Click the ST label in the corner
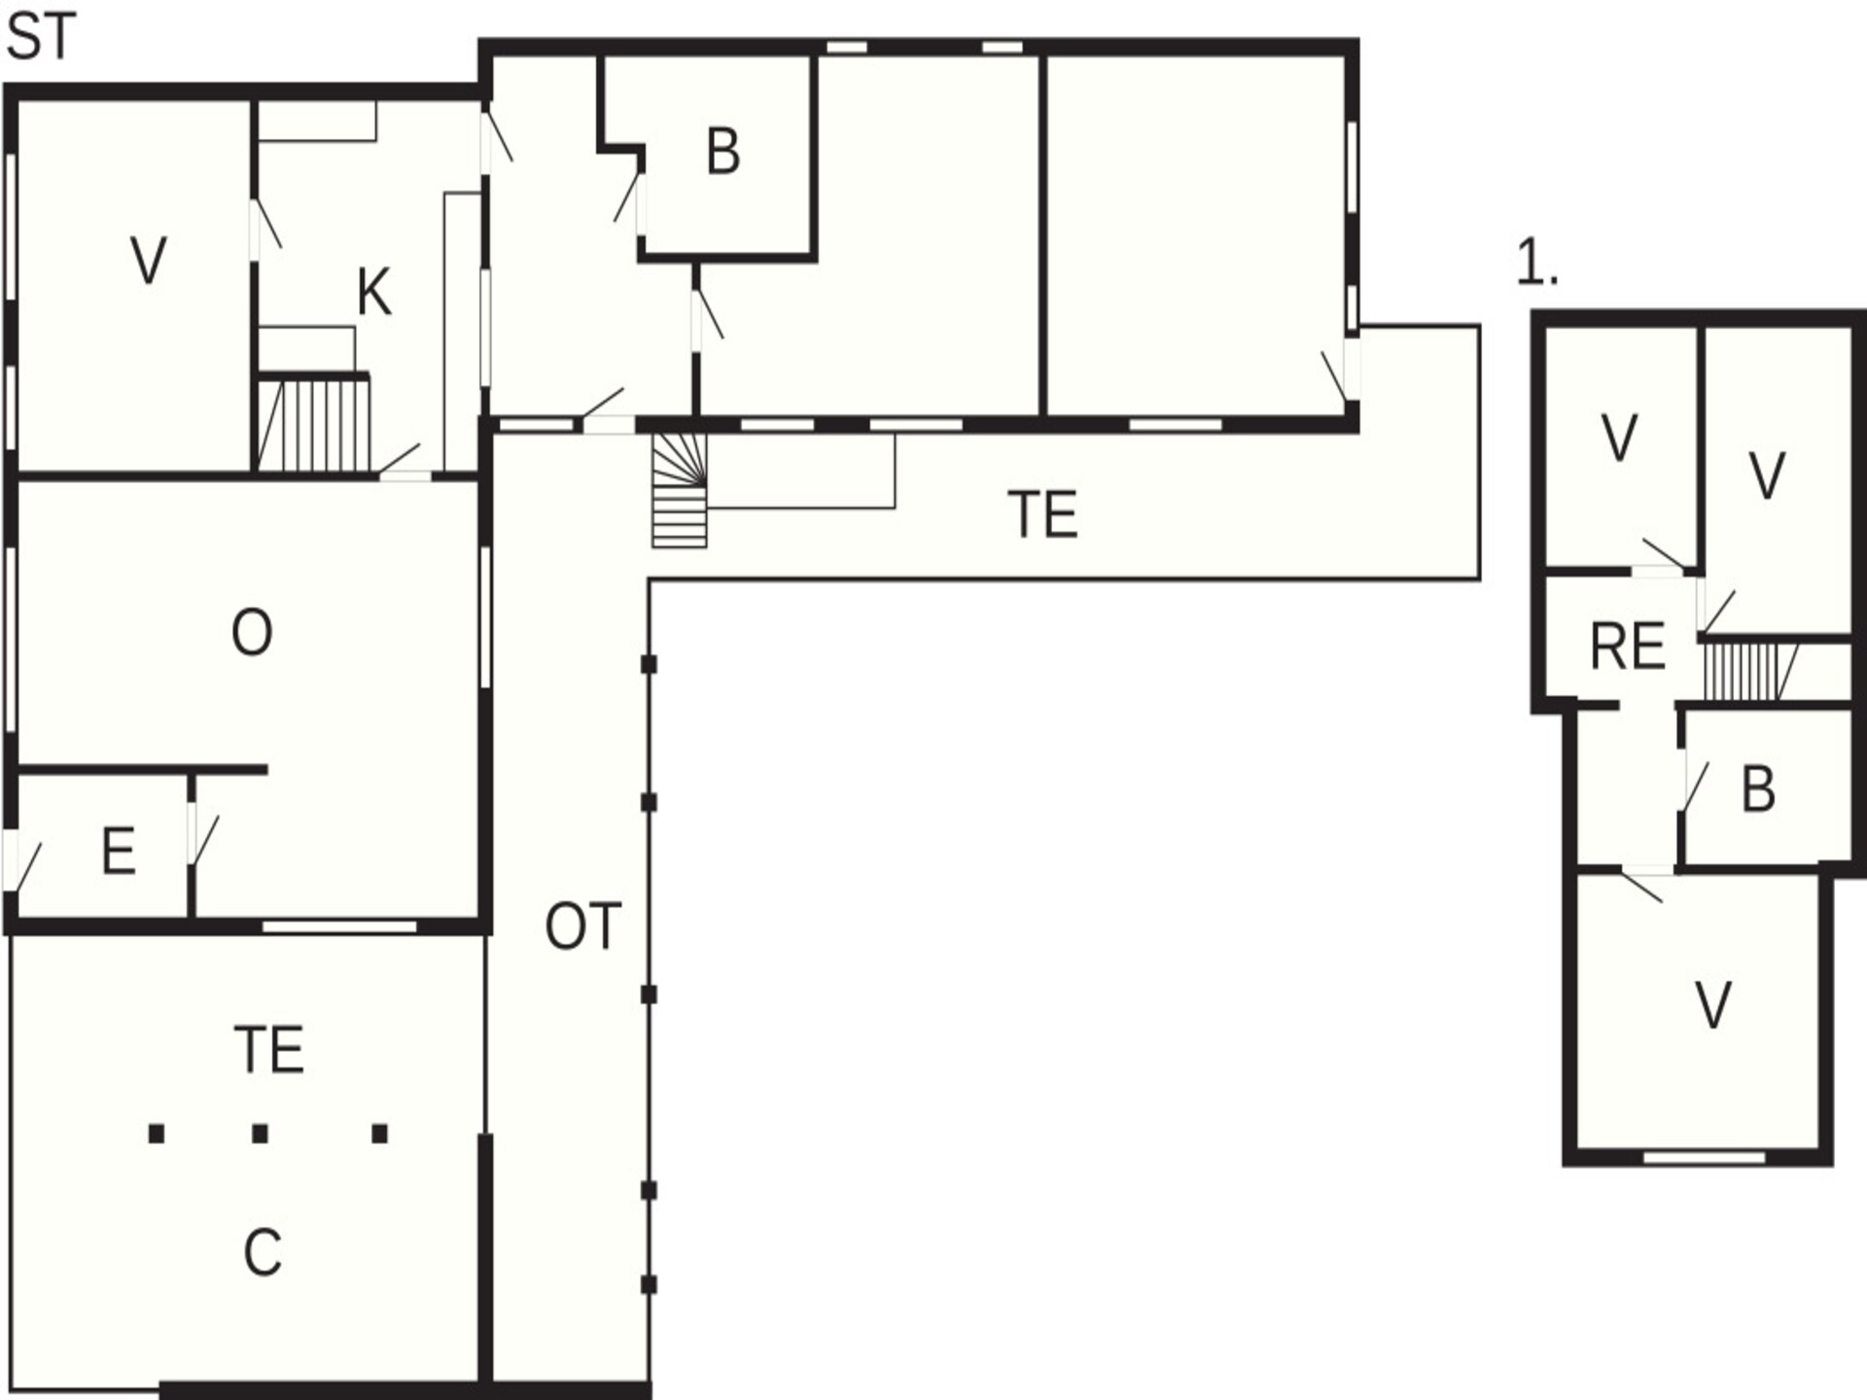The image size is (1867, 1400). [41, 39]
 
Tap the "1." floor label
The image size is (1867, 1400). [1537, 263]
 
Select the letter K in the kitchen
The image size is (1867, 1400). [374, 293]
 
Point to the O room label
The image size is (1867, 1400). [252, 633]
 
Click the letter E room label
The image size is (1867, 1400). [119, 852]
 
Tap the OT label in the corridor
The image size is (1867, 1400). [582, 927]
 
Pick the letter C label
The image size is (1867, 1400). [263, 1252]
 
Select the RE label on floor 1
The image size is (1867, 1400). [1627, 647]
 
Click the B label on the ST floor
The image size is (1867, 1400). [723, 153]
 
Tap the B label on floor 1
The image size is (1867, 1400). [1758, 789]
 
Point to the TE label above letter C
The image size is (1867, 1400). [269, 1050]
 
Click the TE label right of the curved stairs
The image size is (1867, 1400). [1042, 515]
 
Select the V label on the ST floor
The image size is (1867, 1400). [148, 262]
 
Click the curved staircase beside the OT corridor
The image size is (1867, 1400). [679, 490]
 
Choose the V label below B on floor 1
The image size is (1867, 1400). [1713, 1005]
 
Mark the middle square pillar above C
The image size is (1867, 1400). [260, 1134]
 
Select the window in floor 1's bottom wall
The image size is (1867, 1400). [1704, 1157]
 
